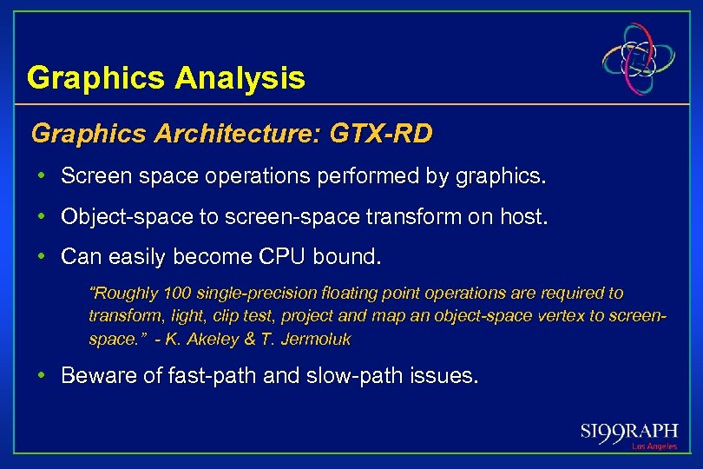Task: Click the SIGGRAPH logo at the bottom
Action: click(x=629, y=432)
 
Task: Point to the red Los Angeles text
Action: click(x=654, y=446)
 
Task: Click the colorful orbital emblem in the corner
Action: click(x=640, y=59)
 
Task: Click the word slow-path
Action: click(x=347, y=377)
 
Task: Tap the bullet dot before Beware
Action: click(x=42, y=377)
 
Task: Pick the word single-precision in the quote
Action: click(x=233, y=294)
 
